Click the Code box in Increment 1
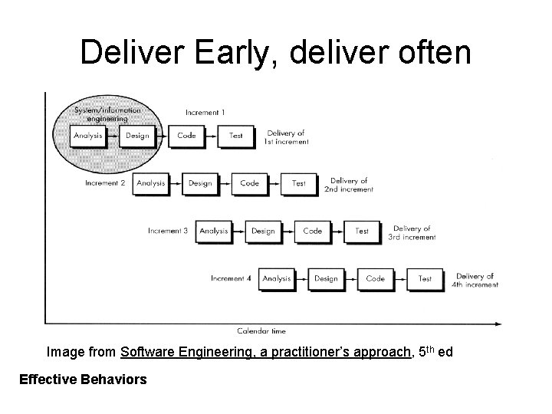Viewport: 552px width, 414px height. click(x=186, y=136)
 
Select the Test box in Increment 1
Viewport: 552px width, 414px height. click(x=236, y=136)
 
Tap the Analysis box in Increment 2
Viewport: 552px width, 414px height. click(x=150, y=183)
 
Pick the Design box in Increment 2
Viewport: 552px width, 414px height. click(x=200, y=183)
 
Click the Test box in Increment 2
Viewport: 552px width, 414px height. click(x=299, y=183)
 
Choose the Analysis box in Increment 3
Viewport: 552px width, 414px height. click(x=213, y=231)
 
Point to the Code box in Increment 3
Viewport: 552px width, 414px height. click(x=313, y=231)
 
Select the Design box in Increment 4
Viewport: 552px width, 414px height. click(x=326, y=278)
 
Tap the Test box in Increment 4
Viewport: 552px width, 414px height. click(x=425, y=278)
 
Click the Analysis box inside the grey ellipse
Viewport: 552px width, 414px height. click(x=87, y=136)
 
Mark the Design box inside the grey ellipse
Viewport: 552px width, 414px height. click(x=137, y=136)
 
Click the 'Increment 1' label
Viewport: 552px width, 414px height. click(x=205, y=113)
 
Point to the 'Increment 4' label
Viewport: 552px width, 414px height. click(x=231, y=278)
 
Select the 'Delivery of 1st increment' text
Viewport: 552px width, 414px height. click(x=287, y=137)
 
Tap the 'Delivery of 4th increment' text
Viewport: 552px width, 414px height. click(x=475, y=280)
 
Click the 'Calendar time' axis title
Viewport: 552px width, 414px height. click(x=261, y=331)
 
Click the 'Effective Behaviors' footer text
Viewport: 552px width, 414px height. click(x=83, y=379)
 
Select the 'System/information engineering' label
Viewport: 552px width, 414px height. click(x=107, y=114)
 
